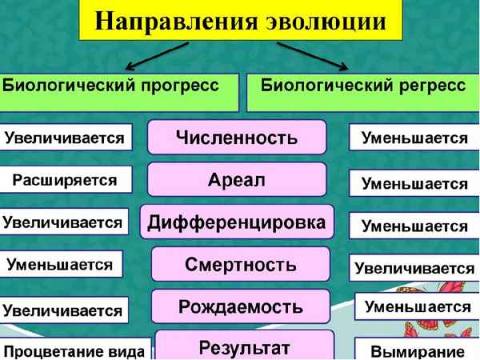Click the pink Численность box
point(237,136)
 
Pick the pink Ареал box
point(237,178)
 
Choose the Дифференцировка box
point(237,221)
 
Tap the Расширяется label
point(64,179)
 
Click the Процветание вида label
point(75,350)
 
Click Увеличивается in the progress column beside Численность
point(64,138)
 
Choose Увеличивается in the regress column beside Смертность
point(414,268)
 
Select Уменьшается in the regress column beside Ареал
point(414,183)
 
